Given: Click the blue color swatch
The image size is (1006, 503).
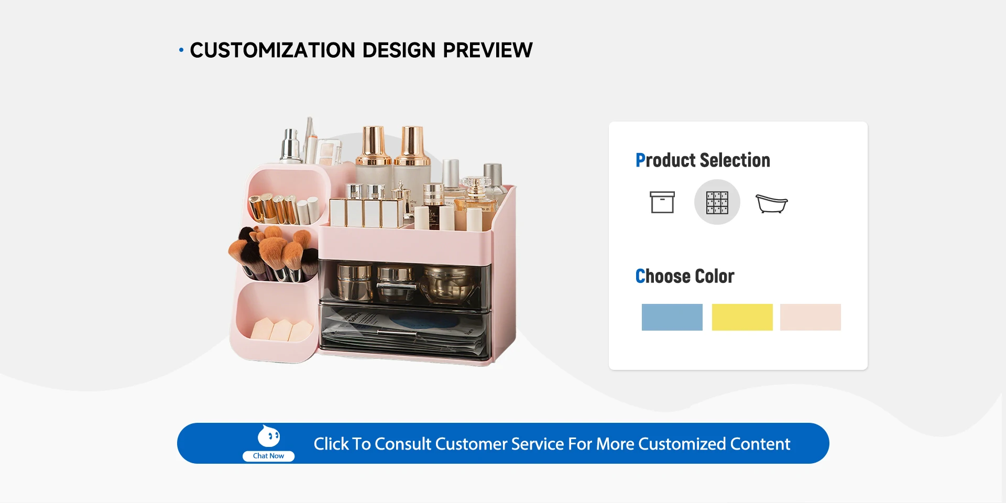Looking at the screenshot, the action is click(x=672, y=317).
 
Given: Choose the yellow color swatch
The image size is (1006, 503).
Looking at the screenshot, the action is click(x=742, y=317).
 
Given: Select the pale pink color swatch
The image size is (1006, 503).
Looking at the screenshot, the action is click(x=811, y=317).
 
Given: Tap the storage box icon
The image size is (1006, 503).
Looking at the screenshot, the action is click(x=662, y=202).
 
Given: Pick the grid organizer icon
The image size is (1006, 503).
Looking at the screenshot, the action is click(x=717, y=202).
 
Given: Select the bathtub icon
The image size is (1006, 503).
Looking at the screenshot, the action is click(x=772, y=203).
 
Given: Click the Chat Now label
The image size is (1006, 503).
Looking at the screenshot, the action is click(x=268, y=456).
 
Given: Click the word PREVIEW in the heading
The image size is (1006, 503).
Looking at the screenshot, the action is click(x=488, y=50).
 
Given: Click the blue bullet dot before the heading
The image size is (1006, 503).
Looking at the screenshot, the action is click(x=181, y=50).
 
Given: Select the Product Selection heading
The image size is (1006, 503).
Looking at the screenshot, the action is click(x=703, y=160).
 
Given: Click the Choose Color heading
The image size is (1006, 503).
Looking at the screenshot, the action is click(x=685, y=276).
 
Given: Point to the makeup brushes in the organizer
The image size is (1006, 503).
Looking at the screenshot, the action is click(x=274, y=254).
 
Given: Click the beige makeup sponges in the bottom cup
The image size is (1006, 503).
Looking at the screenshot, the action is click(x=282, y=330).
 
